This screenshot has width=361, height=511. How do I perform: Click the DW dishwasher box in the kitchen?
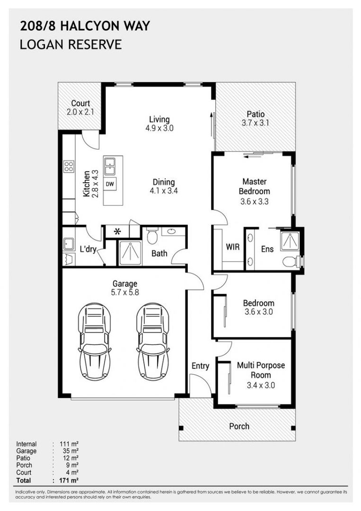[110, 184]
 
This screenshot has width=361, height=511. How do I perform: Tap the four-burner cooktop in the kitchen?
[69, 166]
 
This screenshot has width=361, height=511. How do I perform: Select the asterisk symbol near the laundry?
[117, 232]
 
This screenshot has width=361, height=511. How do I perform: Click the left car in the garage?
[94, 342]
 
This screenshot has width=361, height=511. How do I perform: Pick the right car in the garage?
[153, 342]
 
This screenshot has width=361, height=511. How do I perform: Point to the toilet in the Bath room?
[152, 236]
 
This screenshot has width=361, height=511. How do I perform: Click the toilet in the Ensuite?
[291, 261]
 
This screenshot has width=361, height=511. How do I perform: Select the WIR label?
[233, 247]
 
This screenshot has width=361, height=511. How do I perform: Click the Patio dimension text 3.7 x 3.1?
[255, 123]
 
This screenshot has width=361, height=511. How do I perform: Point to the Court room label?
[80, 103]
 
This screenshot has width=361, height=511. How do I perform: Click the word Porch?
[239, 426]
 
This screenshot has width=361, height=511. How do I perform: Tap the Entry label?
[201, 366]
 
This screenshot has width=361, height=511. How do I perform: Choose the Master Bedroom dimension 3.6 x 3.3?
[255, 202]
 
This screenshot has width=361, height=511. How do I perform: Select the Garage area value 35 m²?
[70, 451]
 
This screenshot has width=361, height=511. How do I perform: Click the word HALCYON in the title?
[91, 26]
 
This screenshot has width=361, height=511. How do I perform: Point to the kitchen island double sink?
[110, 166]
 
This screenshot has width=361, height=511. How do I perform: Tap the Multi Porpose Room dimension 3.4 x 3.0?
[261, 385]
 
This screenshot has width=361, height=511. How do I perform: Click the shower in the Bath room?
[130, 253]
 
